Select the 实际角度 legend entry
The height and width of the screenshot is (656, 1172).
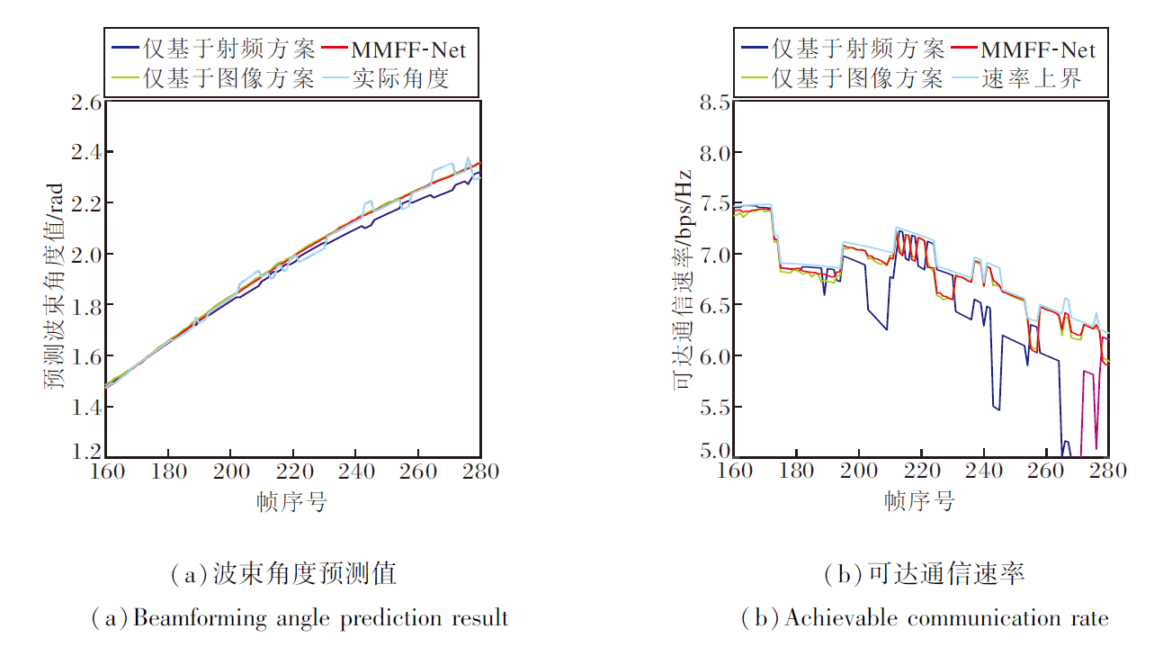pos(399,78)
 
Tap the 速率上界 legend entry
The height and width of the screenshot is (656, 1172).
pos(1031,78)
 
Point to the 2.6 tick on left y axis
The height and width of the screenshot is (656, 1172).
pos(85,102)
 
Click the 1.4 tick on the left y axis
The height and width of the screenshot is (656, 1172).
pos(85,408)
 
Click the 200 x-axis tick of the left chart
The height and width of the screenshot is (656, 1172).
pos(230,471)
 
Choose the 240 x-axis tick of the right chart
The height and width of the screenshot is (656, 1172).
pos(983,471)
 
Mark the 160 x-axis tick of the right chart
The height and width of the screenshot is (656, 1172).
pos(735,471)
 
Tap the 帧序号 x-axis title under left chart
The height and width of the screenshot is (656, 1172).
pos(291,502)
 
